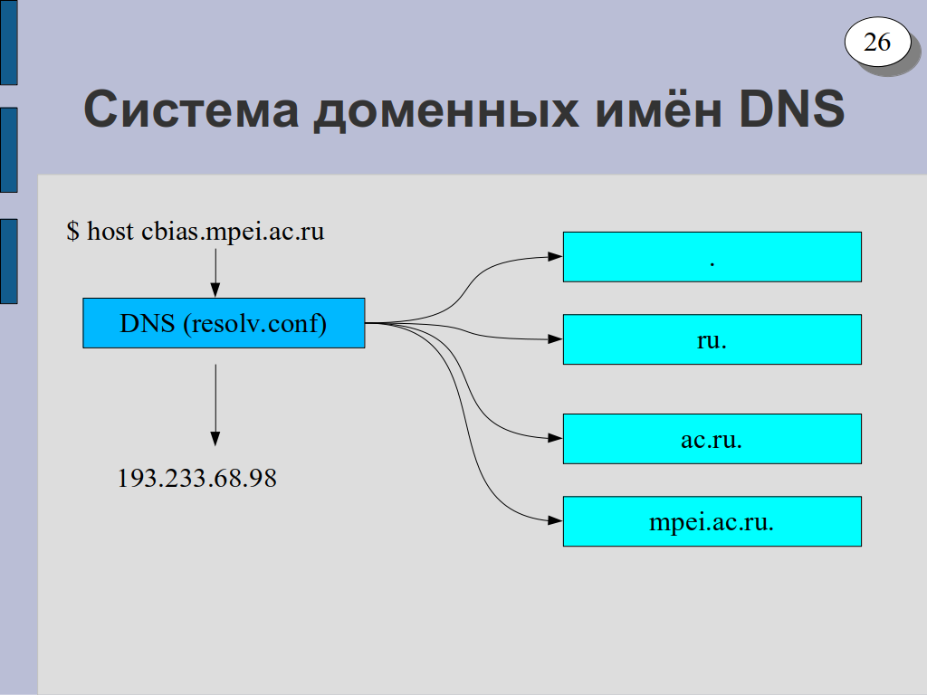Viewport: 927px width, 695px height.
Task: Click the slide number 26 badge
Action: [x=877, y=42]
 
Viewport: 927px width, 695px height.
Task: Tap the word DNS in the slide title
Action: [x=791, y=109]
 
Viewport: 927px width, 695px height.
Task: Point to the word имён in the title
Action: [x=659, y=109]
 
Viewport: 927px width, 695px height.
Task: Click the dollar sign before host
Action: [x=72, y=231]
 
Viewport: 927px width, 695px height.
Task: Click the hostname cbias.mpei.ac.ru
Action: [x=233, y=232]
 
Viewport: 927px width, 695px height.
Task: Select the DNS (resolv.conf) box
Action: [x=224, y=323]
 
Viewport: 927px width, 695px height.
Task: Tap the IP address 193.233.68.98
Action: [x=196, y=478]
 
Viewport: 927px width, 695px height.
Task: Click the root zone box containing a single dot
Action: [x=712, y=257]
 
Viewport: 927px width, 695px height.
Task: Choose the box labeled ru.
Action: [x=712, y=339]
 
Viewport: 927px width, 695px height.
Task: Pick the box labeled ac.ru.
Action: [x=712, y=439]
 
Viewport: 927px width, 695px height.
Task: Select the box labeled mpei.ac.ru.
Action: [x=712, y=521]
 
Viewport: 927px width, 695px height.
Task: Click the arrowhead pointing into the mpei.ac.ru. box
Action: [x=556, y=520]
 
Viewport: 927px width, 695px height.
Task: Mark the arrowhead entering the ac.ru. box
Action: [x=556, y=439]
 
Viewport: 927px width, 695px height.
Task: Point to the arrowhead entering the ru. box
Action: [x=556, y=339]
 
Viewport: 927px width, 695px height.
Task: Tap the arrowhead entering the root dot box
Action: [x=556, y=256]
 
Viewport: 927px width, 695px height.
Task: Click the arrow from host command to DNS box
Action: [x=215, y=273]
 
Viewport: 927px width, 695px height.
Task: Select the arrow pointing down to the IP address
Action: [x=215, y=405]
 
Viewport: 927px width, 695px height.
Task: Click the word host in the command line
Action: [x=110, y=231]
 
